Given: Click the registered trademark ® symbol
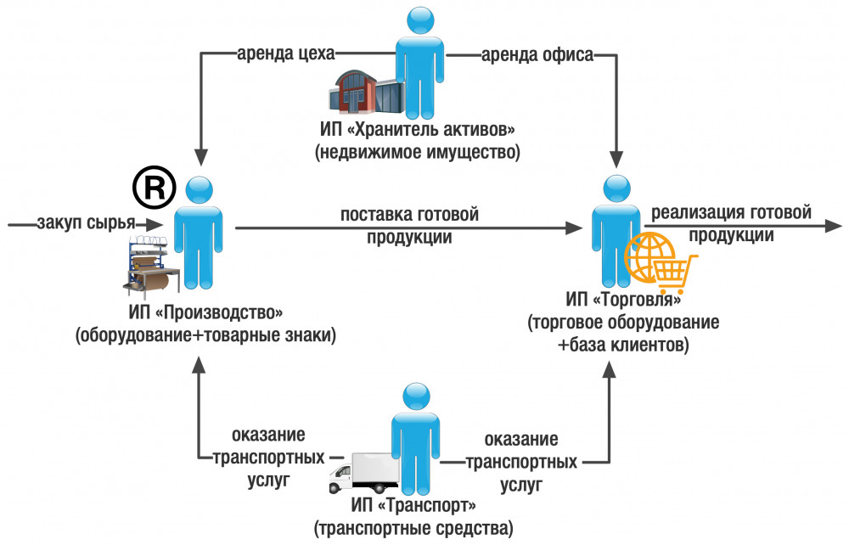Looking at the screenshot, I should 154,188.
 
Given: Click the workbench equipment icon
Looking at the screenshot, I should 150,263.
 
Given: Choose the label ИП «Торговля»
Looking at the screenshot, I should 624,301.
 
